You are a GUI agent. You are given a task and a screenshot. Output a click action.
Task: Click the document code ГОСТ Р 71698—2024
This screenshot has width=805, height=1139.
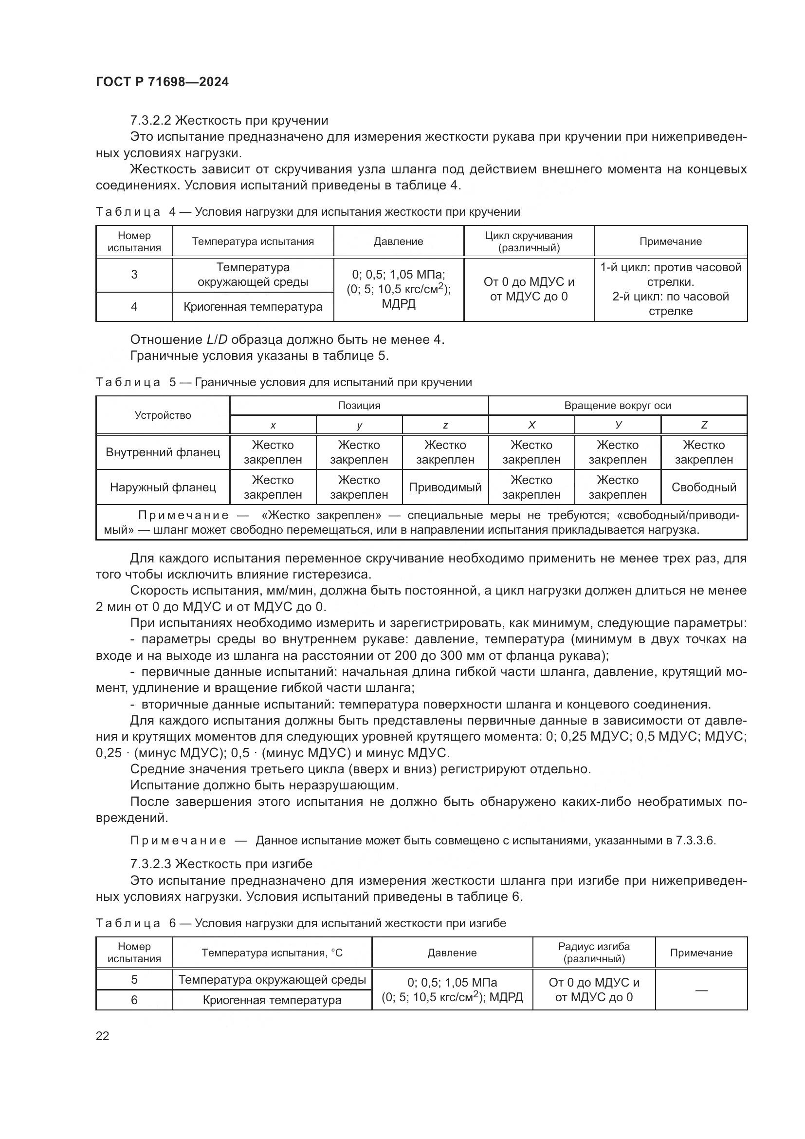[x=162, y=82]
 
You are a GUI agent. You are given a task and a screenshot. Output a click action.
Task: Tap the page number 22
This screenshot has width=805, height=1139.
[x=102, y=1036]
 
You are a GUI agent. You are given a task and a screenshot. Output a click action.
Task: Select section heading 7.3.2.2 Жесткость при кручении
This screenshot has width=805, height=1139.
[x=229, y=121]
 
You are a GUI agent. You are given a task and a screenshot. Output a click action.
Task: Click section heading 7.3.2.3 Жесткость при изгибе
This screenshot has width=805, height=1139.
[x=221, y=864]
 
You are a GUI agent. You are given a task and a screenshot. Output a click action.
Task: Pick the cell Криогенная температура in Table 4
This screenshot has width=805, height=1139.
[x=253, y=307]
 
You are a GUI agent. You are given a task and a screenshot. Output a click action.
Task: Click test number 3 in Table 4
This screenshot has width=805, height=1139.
[x=134, y=274]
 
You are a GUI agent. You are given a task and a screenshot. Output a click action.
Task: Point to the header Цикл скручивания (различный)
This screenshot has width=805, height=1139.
[x=529, y=242]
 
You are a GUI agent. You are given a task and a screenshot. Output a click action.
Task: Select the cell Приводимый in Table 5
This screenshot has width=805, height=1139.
[x=445, y=487]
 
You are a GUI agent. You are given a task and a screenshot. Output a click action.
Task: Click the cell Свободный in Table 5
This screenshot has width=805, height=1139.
[x=703, y=487]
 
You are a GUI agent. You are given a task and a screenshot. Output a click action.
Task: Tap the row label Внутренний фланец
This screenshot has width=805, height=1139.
[x=163, y=452]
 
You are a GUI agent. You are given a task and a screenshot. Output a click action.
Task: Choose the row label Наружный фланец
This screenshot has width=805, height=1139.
[x=163, y=487]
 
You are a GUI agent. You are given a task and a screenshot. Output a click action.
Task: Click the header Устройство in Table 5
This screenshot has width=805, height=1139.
[x=163, y=415]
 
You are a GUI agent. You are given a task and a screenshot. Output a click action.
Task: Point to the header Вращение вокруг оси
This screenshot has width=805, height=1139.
[x=617, y=405]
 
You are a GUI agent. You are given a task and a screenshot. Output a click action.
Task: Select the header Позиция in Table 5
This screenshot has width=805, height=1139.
[x=359, y=405]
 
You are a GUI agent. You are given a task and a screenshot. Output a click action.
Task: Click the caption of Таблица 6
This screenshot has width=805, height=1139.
[x=300, y=923]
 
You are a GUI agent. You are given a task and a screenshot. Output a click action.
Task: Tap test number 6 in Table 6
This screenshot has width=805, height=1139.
[x=134, y=1000]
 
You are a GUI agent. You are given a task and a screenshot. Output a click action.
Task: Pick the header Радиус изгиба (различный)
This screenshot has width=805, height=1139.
[x=593, y=952]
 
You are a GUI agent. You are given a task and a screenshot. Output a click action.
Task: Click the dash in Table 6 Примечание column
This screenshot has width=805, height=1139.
[x=701, y=990]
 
